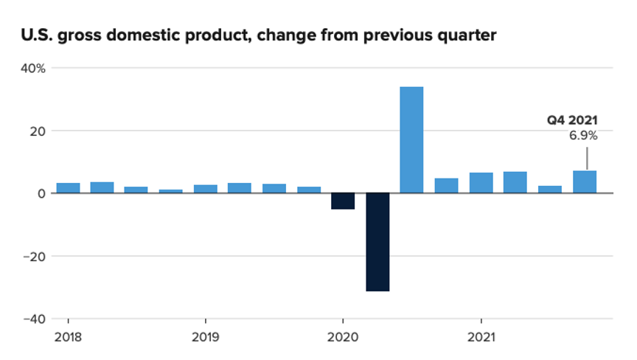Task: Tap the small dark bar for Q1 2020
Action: point(343,201)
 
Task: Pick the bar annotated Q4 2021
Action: point(585,182)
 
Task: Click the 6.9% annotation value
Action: point(583,136)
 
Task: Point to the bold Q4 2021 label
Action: point(571,120)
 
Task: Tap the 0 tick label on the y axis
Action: point(43,193)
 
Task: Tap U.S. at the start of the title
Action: point(36,35)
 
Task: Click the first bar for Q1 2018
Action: point(68,188)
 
